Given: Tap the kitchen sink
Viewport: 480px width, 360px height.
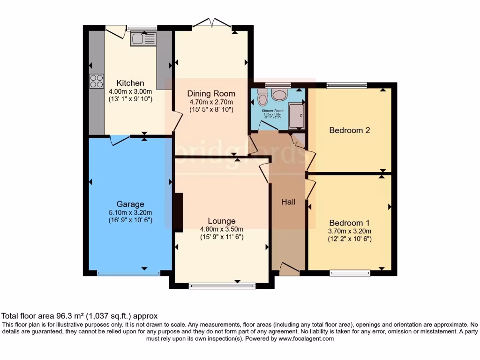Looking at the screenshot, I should coord(143,39).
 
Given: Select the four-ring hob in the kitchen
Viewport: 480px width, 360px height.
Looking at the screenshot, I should coord(97,81).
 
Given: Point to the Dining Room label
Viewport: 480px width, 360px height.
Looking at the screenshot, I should coord(210,93).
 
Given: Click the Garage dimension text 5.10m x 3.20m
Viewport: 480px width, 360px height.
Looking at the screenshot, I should coord(130,212).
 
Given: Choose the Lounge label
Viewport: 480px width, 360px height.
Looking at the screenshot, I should coord(222,221).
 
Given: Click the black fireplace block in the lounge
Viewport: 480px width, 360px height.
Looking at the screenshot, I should coord(178,212).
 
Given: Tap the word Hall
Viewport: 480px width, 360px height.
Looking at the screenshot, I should coord(288,202).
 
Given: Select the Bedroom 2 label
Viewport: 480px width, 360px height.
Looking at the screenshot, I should coord(349,130).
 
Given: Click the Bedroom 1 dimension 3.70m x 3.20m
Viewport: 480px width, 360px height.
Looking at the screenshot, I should coord(350,231).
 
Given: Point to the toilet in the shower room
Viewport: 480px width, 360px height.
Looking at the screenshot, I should coord(262,98).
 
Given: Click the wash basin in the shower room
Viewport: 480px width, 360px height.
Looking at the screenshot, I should coord(280,95).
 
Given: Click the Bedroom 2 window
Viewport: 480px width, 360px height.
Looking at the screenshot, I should coord(346,85).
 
